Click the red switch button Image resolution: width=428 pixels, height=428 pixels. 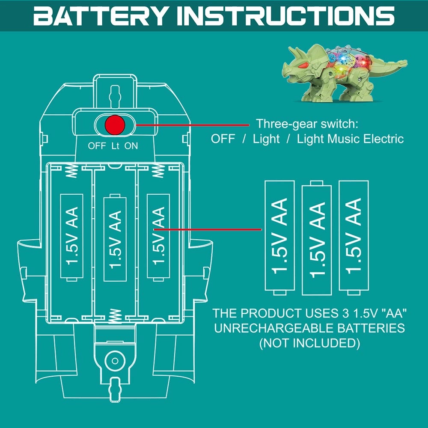[x=115, y=125]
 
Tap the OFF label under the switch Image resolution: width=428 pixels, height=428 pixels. [x=97, y=146]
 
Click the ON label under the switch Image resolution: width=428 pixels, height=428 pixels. [x=131, y=146]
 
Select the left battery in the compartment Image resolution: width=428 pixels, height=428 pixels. [x=71, y=236]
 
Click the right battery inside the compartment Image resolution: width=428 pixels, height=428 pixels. [x=158, y=236]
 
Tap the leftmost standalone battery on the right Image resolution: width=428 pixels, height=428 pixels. [x=280, y=236]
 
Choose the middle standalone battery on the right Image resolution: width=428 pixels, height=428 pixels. [x=317, y=238]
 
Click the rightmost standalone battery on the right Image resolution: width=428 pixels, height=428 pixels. [x=354, y=236]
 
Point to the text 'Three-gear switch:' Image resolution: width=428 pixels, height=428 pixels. [x=307, y=125]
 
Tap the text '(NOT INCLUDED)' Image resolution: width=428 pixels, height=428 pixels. [x=309, y=343]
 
